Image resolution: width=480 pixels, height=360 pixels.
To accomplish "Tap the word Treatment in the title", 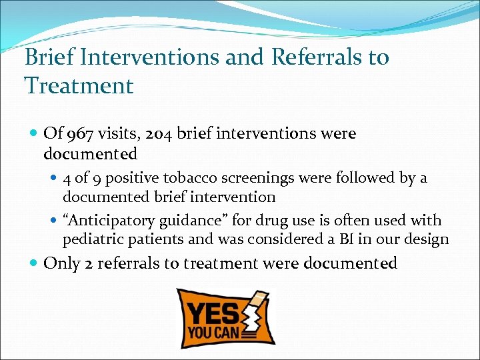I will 79,85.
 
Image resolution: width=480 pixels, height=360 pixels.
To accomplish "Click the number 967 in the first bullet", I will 79,133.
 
